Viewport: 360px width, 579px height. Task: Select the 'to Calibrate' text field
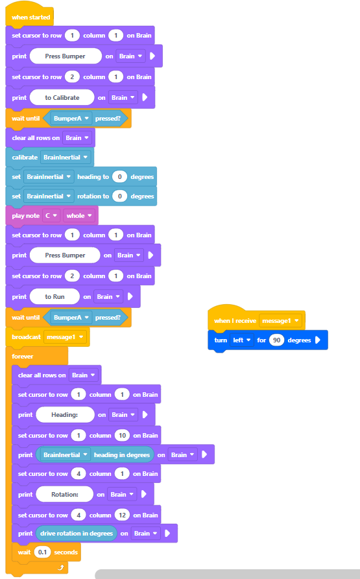click(x=62, y=97)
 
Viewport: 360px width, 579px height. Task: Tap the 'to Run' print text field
click(x=54, y=296)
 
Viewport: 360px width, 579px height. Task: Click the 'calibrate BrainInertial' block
click(x=49, y=157)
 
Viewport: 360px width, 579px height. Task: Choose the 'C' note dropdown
click(x=51, y=216)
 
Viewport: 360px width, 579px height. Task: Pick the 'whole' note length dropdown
click(x=79, y=216)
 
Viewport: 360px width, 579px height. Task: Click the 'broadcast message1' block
click(x=47, y=337)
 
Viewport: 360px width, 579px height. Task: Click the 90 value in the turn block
click(x=276, y=340)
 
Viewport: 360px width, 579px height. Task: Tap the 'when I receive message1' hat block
click(x=256, y=318)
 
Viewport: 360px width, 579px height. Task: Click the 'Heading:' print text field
click(x=65, y=415)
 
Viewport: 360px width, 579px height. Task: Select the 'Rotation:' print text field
click(x=65, y=495)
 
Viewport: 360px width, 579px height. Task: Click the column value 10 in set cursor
click(x=122, y=435)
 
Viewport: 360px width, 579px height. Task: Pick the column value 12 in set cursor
click(x=122, y=515)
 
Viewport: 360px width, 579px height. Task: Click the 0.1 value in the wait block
click(x=42, y=552)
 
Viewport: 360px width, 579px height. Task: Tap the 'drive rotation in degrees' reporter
click(x=77, y=533)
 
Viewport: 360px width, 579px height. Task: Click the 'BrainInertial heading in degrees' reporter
click(x=95, y=455)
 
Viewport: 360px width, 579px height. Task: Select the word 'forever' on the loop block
click(x=23, y=357)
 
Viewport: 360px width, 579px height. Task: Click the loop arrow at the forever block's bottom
click(x=61, y=567)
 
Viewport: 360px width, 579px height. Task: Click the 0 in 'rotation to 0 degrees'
click(x=119, y=196)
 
